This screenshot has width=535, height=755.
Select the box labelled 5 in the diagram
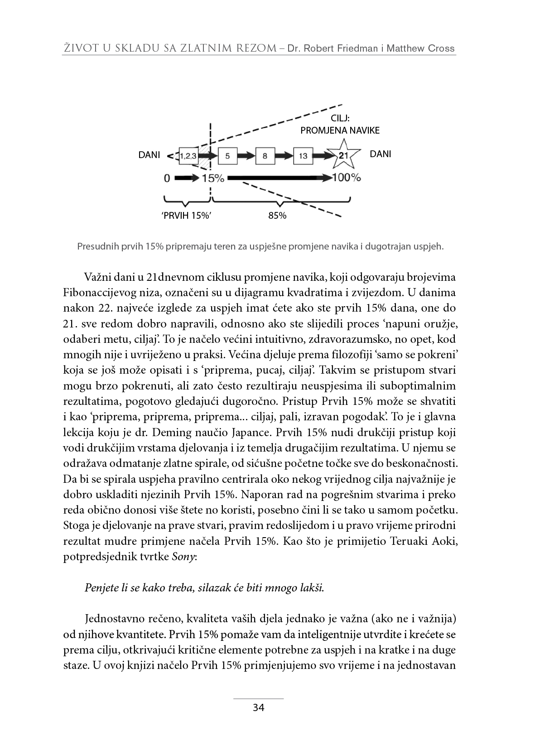227,156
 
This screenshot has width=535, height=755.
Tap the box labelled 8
265,156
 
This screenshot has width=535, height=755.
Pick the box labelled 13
303,156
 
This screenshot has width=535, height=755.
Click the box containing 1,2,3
188,156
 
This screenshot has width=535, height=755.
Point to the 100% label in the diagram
347,178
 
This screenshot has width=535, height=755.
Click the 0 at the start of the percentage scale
167,178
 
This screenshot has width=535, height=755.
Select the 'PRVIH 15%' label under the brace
187,216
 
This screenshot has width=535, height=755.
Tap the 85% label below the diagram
277,216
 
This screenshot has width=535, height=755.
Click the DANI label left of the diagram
149,155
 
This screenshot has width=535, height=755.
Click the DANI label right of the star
380,154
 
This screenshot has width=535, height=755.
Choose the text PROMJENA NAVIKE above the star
340,130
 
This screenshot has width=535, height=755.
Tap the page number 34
258,708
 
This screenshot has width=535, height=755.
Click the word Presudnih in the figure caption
97,247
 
